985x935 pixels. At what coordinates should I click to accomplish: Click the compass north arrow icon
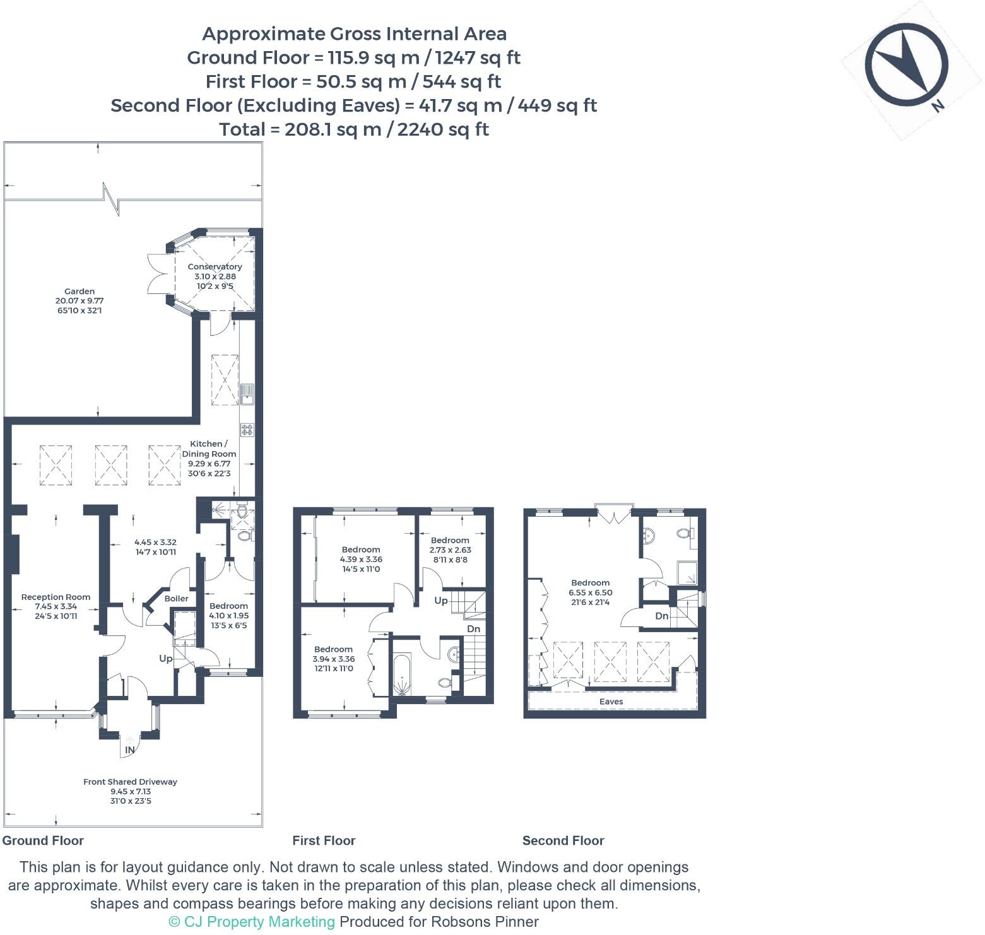(x=907, y=64)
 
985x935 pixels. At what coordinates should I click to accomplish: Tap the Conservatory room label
(x=215, y=267)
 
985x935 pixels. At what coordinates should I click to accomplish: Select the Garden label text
(x=80, y=291)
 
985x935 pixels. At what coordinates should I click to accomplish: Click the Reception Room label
(x=56, y=597)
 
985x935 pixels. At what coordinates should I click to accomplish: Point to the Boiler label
(x=177, y=598)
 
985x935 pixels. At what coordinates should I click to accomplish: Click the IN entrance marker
(x=130, y=750)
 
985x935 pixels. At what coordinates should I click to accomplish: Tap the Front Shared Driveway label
(x=130, y=782)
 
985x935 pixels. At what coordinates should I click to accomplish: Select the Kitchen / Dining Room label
(x=209, y=449)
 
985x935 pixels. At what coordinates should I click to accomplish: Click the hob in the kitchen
(x=247, y=430)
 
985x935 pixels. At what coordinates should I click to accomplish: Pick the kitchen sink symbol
(x=247, y=393)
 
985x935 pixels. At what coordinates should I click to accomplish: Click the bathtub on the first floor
(x=402, y=674)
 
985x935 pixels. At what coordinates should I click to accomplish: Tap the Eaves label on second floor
(x=611, y=702)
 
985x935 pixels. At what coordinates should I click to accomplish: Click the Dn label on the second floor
(x=661, y=616)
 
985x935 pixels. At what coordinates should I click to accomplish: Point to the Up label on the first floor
(x=441, y=601)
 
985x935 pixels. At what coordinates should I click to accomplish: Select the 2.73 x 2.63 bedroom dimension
(x=451, y=550)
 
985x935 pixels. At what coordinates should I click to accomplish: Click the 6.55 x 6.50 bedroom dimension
(x=591, y=592)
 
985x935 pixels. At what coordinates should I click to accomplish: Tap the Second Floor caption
(x=563, y=840)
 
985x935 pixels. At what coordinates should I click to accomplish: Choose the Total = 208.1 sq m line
(x=354, y=129)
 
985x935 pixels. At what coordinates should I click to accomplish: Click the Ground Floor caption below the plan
(x=44, y=840)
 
